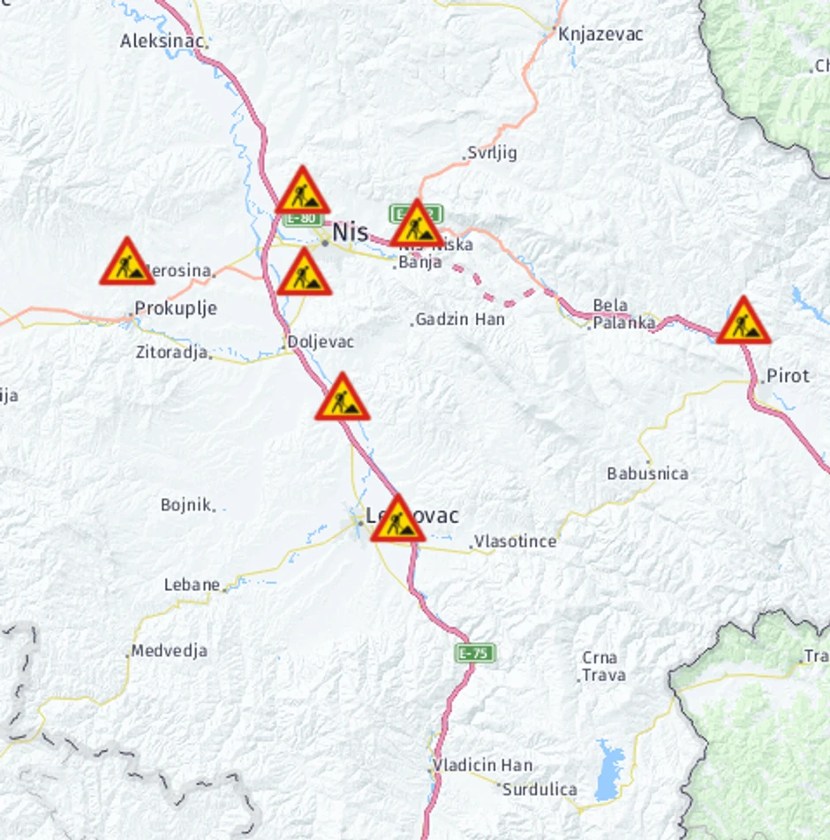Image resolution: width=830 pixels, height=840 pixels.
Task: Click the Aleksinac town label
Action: click(162, 41)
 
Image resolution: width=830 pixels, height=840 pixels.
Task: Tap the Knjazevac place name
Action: click(600, 34)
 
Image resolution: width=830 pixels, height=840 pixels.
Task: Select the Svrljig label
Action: click(492, 153)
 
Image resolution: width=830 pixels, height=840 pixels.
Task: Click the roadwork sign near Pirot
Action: click(743, 322)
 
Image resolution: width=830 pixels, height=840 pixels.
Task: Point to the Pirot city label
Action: click(787, 375)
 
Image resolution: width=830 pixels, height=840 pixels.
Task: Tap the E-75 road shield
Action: click(475, 653)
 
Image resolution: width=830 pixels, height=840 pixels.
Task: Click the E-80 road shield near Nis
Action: click(304, 217)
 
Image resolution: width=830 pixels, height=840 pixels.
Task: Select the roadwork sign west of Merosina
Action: click(127, 262)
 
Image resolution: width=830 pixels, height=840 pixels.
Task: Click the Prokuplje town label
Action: click(175, 309)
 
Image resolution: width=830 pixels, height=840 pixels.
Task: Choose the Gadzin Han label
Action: click(460, 319)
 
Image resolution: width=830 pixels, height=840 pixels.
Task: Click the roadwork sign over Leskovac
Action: click(397, 520)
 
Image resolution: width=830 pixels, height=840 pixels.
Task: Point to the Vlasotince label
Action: click(515, 541)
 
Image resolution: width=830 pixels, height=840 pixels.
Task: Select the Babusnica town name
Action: click(647, 473)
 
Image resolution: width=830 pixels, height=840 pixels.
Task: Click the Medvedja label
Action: click(169, 651)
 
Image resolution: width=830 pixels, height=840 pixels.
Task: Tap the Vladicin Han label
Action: click(482, 765)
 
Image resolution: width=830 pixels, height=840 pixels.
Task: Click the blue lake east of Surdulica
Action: click(610, 769)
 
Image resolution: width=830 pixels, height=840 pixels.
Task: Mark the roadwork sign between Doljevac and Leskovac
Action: click(343, 398)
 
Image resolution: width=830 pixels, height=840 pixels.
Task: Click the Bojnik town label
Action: click(186, 505)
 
